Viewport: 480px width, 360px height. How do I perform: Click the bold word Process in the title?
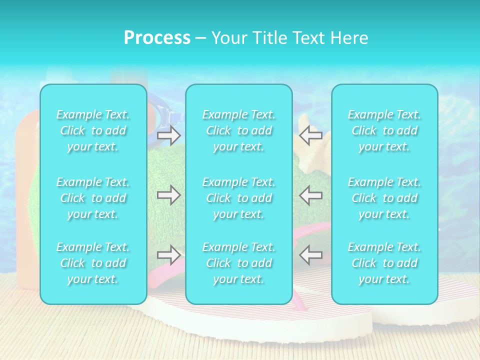[x=157, y=38]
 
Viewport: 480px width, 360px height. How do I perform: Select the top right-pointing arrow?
[x=168, y=135]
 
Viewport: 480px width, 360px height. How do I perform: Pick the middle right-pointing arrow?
[x=168, y=195]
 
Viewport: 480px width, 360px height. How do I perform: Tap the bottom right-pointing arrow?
[x=168, y=255]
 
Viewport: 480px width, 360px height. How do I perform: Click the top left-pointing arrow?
[x=310, y=135]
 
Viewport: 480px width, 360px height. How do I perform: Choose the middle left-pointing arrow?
[x=310, y=195]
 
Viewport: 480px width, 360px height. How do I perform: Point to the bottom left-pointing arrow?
[x=310, y=255]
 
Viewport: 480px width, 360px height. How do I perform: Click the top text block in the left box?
[x=93, y=130]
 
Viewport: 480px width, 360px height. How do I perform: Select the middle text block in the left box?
[x=93, y=198]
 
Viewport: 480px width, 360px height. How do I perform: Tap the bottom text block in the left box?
[x=93, y=263]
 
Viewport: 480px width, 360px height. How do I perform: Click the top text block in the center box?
[x=239, y=130]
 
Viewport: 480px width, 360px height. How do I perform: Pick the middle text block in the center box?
[x=239, y=198]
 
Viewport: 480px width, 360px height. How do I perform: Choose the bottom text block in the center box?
[x=239, y=263]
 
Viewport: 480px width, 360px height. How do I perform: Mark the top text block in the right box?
[x=384, y=130]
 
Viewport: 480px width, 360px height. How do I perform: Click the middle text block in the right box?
[x=384, y=198]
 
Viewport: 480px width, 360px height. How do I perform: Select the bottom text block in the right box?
[x=384, y=263]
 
